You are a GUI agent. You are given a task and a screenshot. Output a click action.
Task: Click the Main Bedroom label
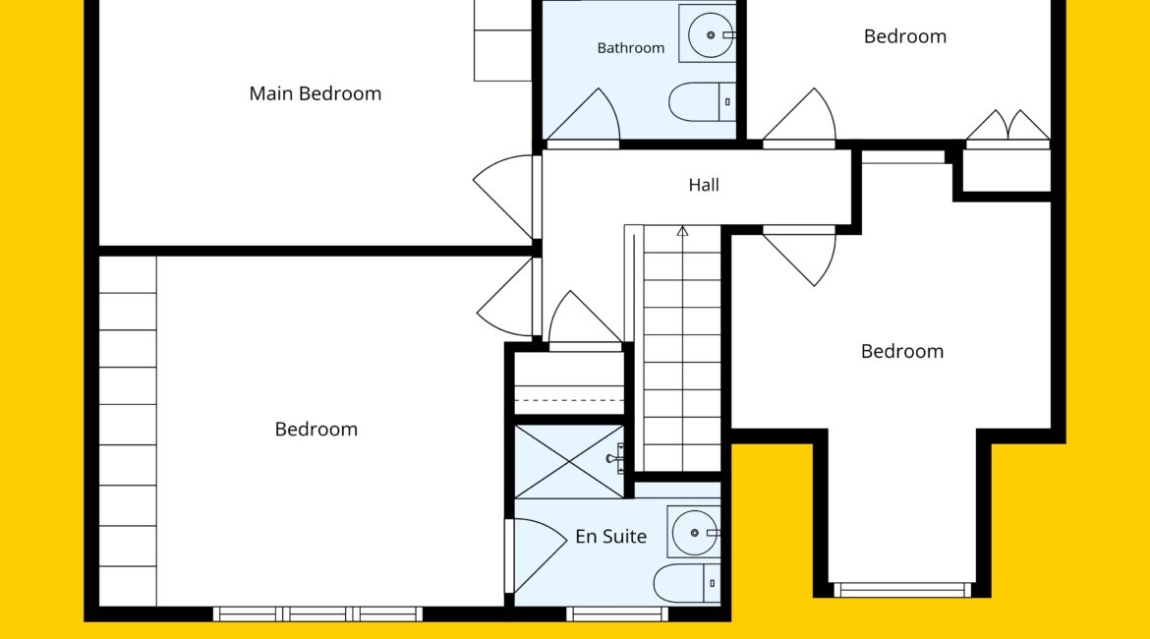point(316,94)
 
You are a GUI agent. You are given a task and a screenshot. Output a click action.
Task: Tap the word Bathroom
point(631,48)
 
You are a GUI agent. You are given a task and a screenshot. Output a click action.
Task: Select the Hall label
point(704,185)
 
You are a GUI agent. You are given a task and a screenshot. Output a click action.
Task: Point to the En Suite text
point(611,537)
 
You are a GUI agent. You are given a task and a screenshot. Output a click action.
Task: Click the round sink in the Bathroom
point(710,34)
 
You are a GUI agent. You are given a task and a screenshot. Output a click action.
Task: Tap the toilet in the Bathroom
point(702,102)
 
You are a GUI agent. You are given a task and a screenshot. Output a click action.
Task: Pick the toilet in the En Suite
point(686,583)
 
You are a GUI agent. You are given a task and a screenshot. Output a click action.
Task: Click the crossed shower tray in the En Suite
point(569,461)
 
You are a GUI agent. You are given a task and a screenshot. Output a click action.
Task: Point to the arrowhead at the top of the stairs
point(683,231)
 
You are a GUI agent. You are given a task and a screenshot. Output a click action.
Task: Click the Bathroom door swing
point(584,115)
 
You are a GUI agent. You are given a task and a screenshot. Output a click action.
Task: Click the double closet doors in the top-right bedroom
point(1008,126)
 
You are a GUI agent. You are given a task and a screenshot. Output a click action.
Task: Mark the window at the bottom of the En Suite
point(617,613)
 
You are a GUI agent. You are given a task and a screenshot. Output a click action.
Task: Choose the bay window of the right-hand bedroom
point(903,590)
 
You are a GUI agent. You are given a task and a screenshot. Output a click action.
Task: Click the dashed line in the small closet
point(569,400)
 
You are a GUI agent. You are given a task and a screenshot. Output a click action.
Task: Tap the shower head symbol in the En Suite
point(614,458)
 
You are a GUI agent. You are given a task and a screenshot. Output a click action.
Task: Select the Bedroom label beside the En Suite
point(316,430)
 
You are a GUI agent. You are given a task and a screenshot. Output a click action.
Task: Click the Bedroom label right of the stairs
point(902,351)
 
